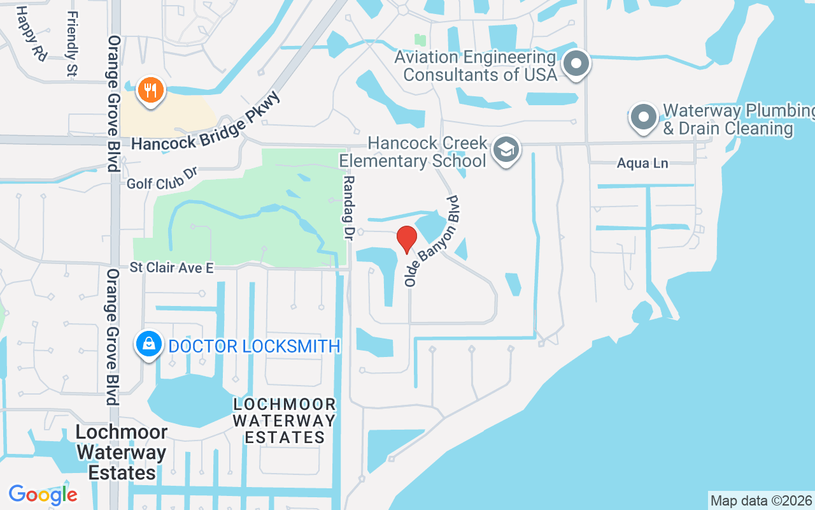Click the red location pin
[407, 239]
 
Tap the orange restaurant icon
[150, 91]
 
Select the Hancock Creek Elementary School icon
[506, 150]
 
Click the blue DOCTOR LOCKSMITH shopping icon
[149, 345]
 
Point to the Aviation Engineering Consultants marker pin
[577, 64]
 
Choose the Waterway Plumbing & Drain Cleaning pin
[644, 117]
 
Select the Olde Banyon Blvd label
[432, 241]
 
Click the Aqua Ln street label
[642, 164]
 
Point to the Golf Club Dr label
[163, 179]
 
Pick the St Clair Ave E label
[171, 268]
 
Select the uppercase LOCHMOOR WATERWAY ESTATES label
[284, 421]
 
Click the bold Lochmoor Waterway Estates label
[121, 453]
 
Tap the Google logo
[43, 494]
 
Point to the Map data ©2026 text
[761, 500]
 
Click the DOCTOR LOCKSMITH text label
[254, 346]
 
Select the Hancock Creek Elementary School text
[413, 152]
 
